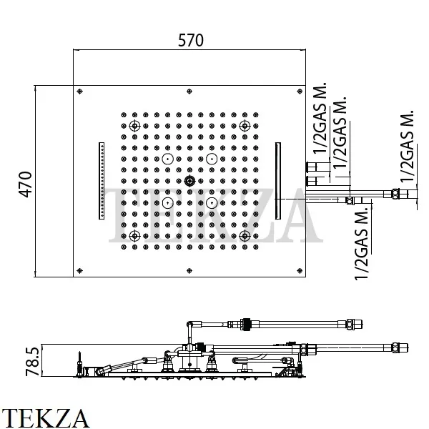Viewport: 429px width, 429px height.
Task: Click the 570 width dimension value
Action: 190,41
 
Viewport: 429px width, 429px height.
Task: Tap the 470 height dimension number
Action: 24,184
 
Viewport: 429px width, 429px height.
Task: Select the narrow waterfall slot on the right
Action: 277,182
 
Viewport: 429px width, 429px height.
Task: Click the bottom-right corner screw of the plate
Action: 300,271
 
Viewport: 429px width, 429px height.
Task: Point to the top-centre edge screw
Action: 189,91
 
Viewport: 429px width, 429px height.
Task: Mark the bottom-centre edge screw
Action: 189,271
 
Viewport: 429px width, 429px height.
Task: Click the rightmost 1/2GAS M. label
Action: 408,147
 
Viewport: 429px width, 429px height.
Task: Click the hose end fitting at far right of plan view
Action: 394,192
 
